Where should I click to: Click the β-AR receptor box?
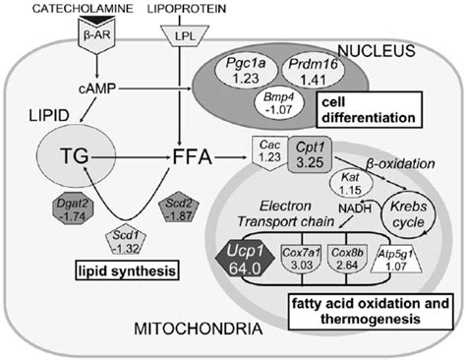click(90, 34)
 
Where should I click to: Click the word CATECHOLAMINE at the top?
click(72, 9)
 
